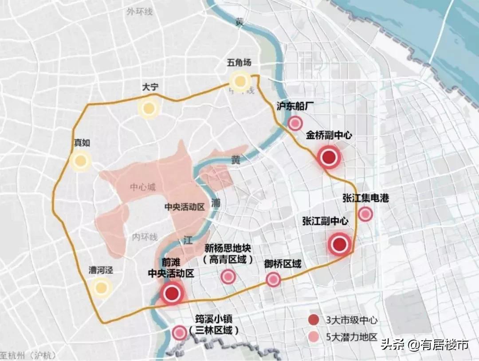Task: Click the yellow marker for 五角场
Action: [x=240, y=81]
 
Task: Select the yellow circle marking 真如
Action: [x=80, y=161]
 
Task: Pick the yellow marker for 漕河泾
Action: [x=102, y=288]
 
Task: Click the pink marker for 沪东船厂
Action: [x=295, y=124]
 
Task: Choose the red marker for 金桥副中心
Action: [x=329, y=157]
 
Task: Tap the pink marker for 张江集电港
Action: [x=365, y=214]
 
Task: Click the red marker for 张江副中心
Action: [x=340, y=244]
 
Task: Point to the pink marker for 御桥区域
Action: [x=273, y=279]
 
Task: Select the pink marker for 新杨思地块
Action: [x=228, y=277]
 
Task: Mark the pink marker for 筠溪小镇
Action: [x=179, y=332]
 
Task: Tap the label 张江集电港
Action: [x=365, y=198]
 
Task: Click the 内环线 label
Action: [x=145, y=237]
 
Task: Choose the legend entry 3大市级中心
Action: [x=346, y=320]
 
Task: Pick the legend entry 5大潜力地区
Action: [x=346, y=337]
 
